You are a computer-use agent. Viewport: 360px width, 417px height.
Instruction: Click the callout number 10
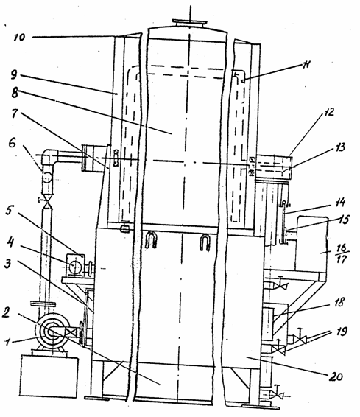pos(20,37)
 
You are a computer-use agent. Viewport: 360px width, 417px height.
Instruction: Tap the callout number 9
pos(14,74)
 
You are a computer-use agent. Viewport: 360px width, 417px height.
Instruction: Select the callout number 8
pos(15,93)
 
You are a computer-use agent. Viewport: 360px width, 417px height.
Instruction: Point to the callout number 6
pos(13,143)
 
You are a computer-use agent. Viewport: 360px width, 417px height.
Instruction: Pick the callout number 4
pos(10,242)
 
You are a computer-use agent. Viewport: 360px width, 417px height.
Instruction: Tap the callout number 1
pos(8,341)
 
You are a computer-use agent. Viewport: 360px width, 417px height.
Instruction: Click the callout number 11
pos(306,65)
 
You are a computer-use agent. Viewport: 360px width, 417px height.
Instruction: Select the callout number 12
pos(329,112)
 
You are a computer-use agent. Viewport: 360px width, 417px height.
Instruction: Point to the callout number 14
pos(340,203)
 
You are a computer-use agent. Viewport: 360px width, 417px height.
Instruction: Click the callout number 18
pos(339,302)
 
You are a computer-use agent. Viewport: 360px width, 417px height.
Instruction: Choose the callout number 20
pos(336,376)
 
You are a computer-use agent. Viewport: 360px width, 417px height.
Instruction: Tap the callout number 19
pos(342,332)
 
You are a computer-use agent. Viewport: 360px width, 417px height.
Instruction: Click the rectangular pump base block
pos(49,376)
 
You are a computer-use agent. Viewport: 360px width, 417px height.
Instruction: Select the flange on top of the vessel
pos(189,23)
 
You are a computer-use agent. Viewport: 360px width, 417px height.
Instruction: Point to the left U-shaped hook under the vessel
pos(151,239)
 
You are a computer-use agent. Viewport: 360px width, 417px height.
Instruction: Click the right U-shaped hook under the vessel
pos(205,242)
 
